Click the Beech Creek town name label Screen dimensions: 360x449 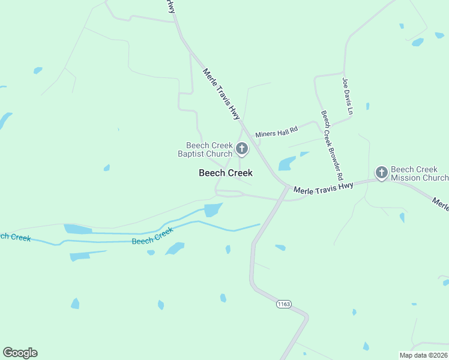pyautogui.click(x=226, y=173)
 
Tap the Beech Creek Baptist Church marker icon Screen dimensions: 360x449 pyautogui.click(x=242, y=148)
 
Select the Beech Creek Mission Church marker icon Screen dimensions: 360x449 pyautogui.click(x=381, y=173)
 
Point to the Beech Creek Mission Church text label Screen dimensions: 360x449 pyautogui.click(x=419, y=174)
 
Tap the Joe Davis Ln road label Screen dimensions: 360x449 pyautogui.click(x=347, y=96)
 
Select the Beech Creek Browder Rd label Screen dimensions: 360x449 pyautogui.click(x=331, y=146)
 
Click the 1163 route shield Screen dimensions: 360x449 pyautogui.click(x=284, y=304)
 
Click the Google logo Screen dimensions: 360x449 pyautogui.click(x=20, y=353)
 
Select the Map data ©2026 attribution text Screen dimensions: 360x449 pyautogui.click(x=423, y=355)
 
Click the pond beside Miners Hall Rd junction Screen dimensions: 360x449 pyautogui.click(x=287, y=163)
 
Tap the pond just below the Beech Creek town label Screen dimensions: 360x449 pyautogui.click(x=212, y=209)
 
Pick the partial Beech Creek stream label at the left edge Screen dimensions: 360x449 pyautogui.click(x=15, y=237)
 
